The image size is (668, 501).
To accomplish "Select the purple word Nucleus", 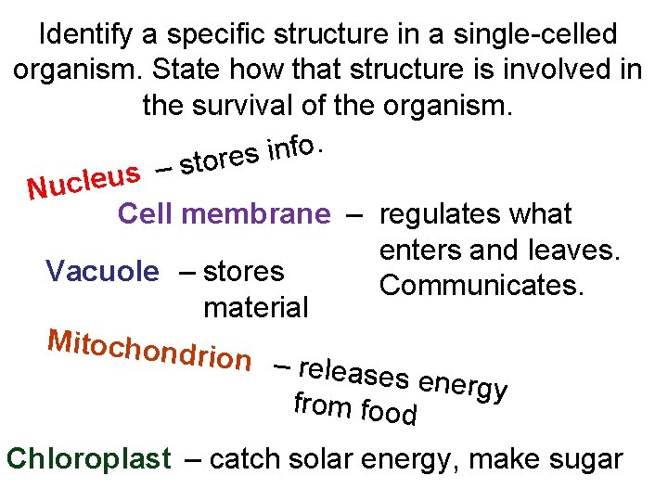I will (x=83, y=179).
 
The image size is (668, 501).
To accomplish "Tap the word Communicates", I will (x=482, y=286).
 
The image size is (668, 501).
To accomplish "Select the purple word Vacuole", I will (x=102, y=272).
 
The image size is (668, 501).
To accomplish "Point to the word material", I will (x=255, y=307).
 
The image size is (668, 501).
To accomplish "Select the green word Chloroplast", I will (x=88, y=459).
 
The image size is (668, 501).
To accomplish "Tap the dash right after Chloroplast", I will (x=190, y=459).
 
